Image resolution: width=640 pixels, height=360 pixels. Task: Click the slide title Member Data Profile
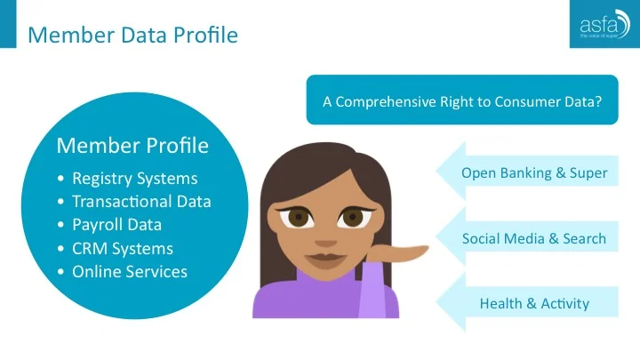(x=132, y=36)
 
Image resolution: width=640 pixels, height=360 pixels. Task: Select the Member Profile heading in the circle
(x=132, y=145)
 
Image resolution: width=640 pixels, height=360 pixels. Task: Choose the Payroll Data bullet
(x=123, y=224)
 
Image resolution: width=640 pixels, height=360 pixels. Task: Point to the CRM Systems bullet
(x=123, y=248)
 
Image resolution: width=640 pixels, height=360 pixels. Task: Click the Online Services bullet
(x=130, y=271)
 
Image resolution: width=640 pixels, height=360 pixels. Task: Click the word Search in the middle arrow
(x=583, y=238)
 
